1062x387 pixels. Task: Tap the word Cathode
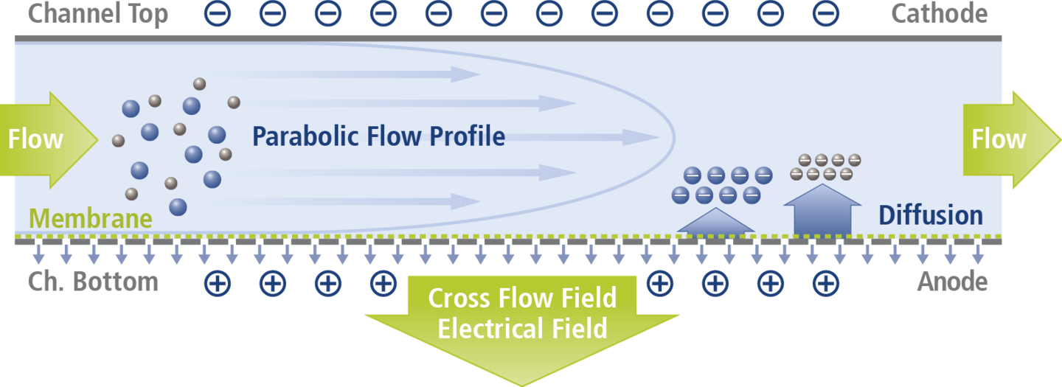click(x=939, y=13)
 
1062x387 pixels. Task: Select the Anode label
click(x=952, y=282)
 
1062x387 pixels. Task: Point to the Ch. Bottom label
click(x=93, y=282)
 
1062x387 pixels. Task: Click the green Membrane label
click(x=91, y=219)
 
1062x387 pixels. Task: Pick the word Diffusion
click(x=930, y=215)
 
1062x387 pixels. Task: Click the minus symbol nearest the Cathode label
click(x=825, y=13)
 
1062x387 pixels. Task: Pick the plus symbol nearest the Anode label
click(x=825, y=282)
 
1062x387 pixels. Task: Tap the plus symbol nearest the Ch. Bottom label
click(x=218, y=282)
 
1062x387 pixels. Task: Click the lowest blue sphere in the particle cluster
click(x=178, y=206)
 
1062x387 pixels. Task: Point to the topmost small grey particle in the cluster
click(x=199, y=83)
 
